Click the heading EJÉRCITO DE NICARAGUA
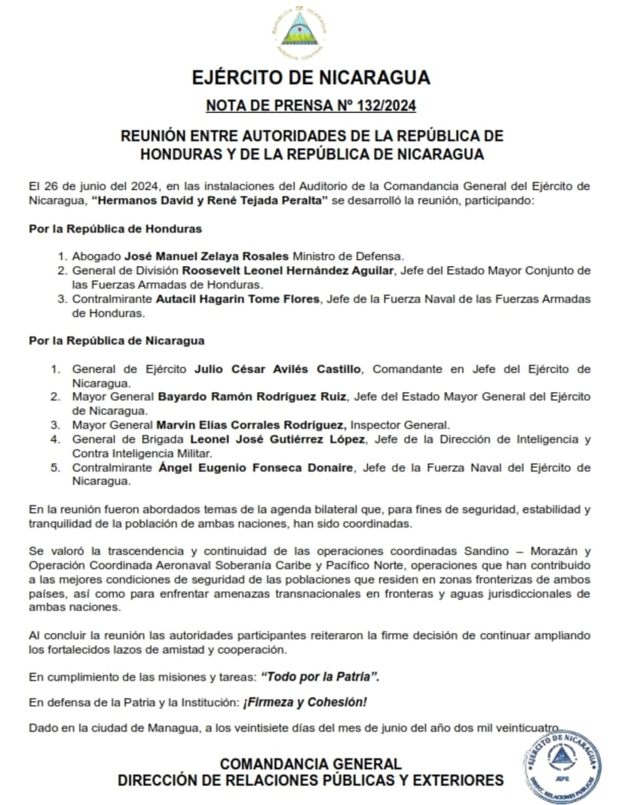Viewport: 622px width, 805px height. tap(311, 78)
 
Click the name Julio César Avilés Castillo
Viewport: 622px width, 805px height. tap(279, 369)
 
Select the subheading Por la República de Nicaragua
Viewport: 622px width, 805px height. tap(117, 341)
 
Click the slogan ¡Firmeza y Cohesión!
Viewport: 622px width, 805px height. tap(305, 702)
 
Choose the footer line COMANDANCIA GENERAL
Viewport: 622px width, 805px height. tap(311, 764)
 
